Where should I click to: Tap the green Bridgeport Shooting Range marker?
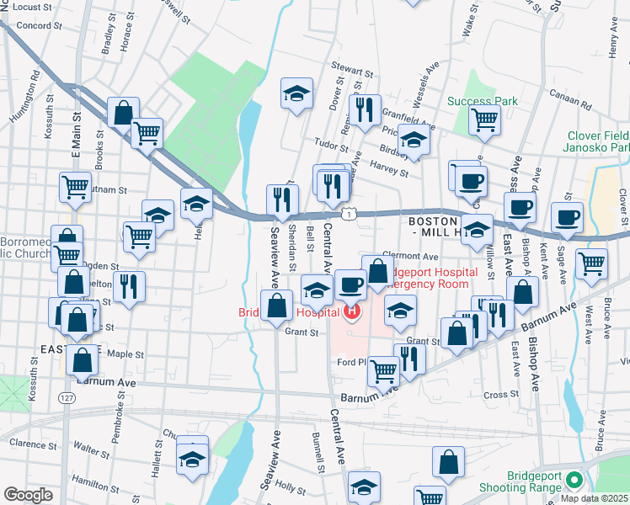pyautogui.click(x=574, y=481)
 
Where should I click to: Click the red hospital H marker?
pyautogui.click(x=351, y=313)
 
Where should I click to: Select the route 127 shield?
pyautogui.click(x=66, y=396)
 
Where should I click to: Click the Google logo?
pyautogui.click(x=29, y=495)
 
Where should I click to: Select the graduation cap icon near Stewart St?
pyautogui.click(x=296, y=94)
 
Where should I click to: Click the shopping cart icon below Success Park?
pyautogui.click(x=484, y=120)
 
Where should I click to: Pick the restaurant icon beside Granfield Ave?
pyautogui.click(x=365, y=109)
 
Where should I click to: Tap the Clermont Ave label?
pyautogui.click(x=412, y=256)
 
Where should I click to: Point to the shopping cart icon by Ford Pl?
pyautogui.click(x=384, y=369)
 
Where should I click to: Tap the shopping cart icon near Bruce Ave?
pyautogui.click(x=592, y=263)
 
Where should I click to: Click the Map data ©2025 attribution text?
pyautogui.click(x=595, y=498)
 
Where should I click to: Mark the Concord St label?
pyautogui.click(x=35, y=26)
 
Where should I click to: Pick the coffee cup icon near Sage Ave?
pyautogui.click(x=568, y=217)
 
